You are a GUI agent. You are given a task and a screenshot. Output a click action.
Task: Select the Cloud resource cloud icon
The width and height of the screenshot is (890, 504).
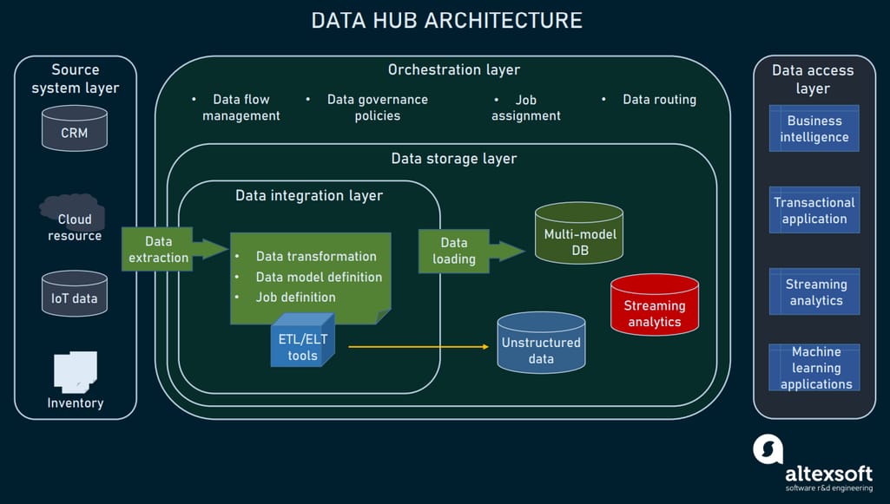coord(74,217)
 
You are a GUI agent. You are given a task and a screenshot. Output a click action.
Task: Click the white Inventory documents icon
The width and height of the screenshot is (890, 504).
coord(76,370)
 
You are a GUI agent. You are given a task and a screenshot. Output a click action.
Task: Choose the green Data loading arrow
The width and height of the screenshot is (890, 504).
coord(470,251)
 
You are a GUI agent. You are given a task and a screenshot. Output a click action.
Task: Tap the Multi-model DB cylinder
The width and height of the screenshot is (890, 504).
coord(578,234)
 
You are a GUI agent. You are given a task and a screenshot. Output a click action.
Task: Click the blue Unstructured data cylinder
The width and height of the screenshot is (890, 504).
coord(541,344)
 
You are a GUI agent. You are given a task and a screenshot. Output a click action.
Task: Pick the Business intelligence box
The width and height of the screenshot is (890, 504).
coord(814,128)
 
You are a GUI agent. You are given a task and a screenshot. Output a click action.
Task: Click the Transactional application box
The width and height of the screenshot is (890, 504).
coord(814,210)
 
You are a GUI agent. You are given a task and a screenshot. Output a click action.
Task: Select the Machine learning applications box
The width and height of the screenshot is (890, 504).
coord(814,368)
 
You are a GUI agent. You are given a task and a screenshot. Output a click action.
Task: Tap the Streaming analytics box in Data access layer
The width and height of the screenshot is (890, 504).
coord(814,291)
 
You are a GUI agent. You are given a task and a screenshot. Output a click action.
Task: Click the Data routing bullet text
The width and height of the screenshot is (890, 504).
coord(658,100)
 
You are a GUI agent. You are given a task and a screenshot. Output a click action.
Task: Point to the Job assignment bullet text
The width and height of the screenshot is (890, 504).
coord(525,108)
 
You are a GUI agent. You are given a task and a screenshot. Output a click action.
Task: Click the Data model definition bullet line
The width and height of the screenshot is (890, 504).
coord(318,277)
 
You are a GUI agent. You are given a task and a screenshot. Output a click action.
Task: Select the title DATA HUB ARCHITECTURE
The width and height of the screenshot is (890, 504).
coord(446,21)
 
